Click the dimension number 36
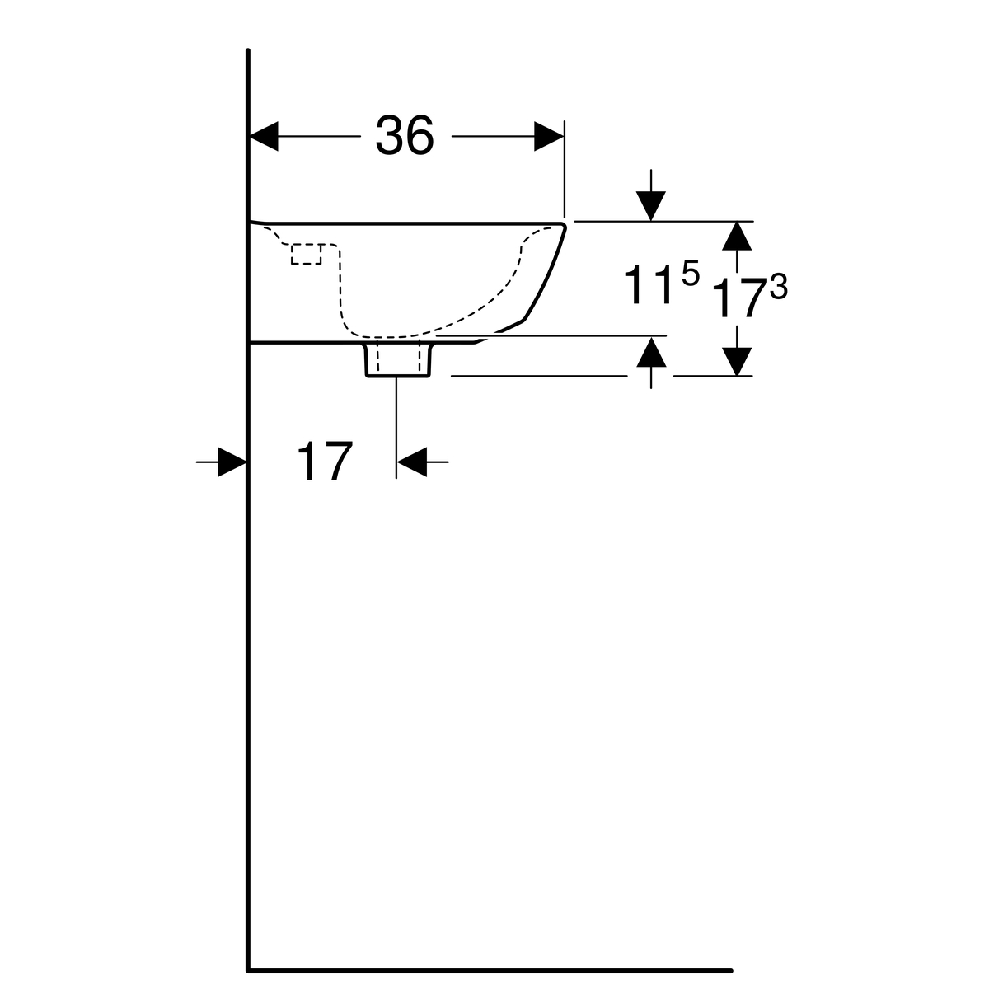pyautogui.click(x=405, y=134)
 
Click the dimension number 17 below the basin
pyautogui.click(x=325, y=461)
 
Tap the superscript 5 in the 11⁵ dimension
pyautogui.click(x=691, y=273)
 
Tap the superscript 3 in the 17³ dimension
pyautogui.click(x=778, y=288)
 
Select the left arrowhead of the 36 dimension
pyautogui.click(x=263, y=137)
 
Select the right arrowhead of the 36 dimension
pyautogui.click(x=549, y=137)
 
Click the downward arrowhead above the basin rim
pyautogui.click(x=651, y=206)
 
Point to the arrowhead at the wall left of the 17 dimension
pyautogui.click(x=232, y=462)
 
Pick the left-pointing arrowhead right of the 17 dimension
pyautogui.click(x=411, y=462)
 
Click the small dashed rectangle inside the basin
pyautogui.click(x=306, y=254)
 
